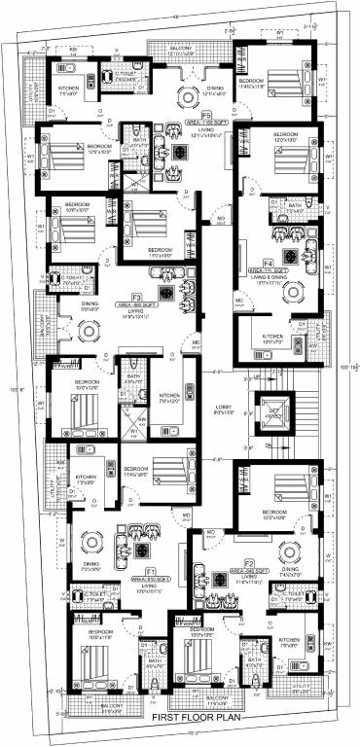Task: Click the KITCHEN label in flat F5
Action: click(69, 90)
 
